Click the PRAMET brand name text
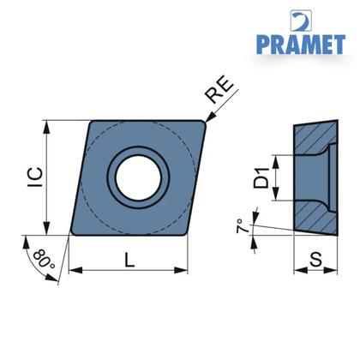[x=301, y=45]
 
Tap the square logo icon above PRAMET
[x=301, y=21]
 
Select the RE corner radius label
[x=219, y=89]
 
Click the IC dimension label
[x=35, y=177]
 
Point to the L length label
[x=129, y=261]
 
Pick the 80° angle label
[x=45, y=259]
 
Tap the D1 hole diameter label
[x=261, y=178]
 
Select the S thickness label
[x=315, y=260]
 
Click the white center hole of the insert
[x=138, y=177]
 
